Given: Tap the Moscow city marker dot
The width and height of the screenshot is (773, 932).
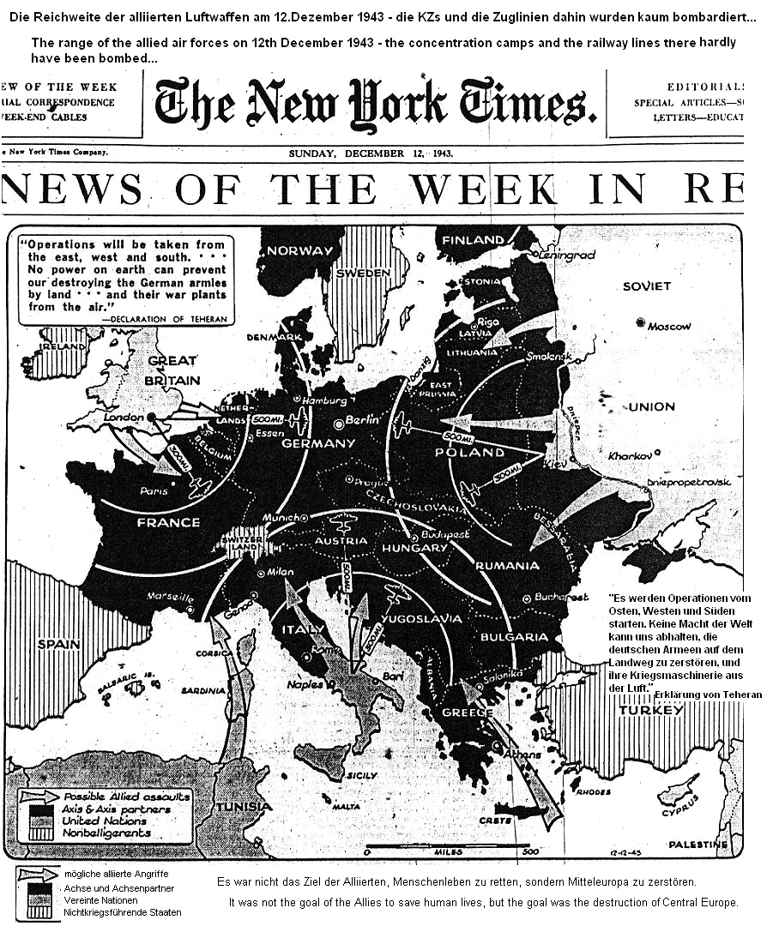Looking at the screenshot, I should point(640,322).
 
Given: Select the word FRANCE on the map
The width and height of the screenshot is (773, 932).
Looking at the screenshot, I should point(168,522).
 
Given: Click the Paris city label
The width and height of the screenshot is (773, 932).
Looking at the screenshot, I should point(154,491).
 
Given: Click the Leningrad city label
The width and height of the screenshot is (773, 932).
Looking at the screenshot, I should point(566,255).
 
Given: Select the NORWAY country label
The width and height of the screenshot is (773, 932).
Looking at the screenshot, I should point(298,251).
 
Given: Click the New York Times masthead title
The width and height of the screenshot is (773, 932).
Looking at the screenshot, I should point(375,104).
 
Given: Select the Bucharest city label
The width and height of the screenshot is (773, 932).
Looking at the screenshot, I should point(562,597).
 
